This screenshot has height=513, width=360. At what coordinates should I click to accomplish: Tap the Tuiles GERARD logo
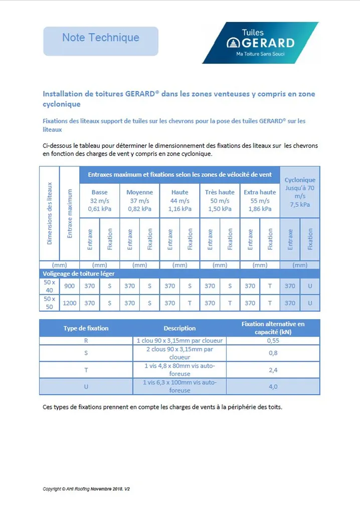[260, 43]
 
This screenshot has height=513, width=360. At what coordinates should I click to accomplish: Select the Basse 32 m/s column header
[99, 200]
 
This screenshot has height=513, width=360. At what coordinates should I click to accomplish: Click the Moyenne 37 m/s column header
[139, 200]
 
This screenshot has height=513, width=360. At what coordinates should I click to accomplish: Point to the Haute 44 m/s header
[179, 200]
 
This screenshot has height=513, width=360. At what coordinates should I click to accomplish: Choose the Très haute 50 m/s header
[220, 200]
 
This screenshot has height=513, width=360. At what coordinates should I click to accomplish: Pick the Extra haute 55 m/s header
[260, 200]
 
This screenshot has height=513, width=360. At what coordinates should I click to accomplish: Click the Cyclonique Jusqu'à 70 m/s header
[300, 192]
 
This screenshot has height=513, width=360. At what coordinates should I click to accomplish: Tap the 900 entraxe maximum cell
[69, 286]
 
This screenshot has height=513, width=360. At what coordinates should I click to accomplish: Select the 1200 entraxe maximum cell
[69, 303]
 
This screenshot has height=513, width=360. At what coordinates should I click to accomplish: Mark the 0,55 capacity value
[273, 341]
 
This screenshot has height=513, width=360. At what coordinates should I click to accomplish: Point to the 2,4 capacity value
[273, 370]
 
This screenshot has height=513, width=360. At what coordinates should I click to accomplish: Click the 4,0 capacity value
[273, 387]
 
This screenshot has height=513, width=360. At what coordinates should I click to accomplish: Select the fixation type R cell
[86, 341]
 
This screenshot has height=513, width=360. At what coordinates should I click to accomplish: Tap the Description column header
[179, 328]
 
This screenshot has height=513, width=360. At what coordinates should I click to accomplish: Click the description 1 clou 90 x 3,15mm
[179, 341]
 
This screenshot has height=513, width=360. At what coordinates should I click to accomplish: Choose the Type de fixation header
[86, 328]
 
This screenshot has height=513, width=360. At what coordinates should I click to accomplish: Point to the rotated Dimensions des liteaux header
[49, 219]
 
